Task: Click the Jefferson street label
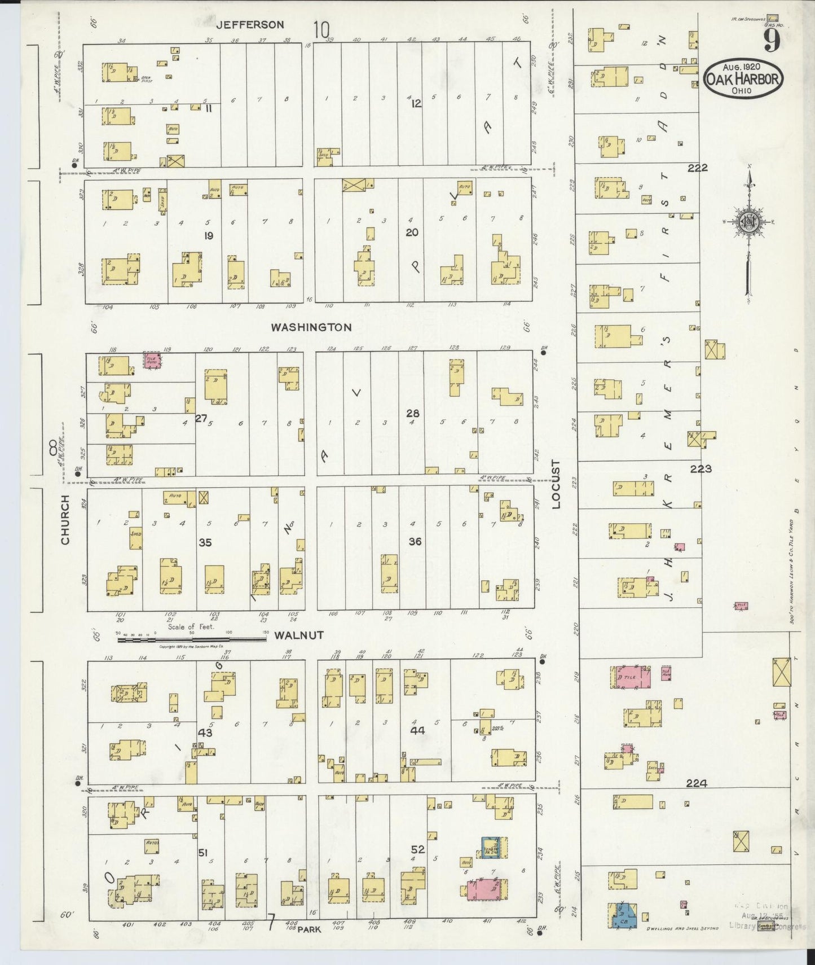pos(250,25)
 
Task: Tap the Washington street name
pos(311,327)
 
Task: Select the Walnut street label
pos(299,635)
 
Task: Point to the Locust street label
pos(557,484)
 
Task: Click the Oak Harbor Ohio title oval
pos(743,80)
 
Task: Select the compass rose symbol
pos(748,221)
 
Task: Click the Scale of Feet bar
pos(192,639)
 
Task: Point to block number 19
pos(208,236)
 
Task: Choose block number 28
pos(412,414)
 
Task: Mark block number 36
pos(415,542)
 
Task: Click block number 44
pos(417,730)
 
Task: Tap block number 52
pos(417,849)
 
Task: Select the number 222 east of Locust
pos(698,168)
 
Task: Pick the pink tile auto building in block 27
pos(151,362)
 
